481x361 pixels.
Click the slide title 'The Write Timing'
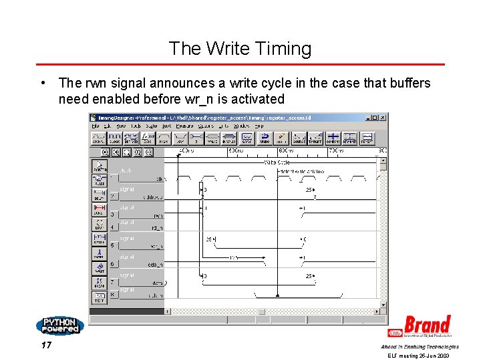pyautogui.click(x=240, y=49)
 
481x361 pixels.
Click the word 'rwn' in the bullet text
pyautogui.click(x=93, y=84)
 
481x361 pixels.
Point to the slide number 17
pyautogui.click(x=46, y=346)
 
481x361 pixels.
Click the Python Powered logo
pyautogui.click(x=59, y=326)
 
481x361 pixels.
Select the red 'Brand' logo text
pyautogui.click(x=427, y=326)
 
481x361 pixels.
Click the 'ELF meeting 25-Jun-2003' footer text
pyautogui.click(x=419, y=356)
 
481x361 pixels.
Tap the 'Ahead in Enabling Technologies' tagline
pyautogui.click(x=420, y=346)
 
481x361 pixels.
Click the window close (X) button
pyautogui.click(x=383, y=118)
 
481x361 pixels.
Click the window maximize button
pyautogui.click(x=377, y=118)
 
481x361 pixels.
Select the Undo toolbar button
pyautogui.click(x=264, y=138)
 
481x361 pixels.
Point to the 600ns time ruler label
pyautogui.click(x=288, y=152)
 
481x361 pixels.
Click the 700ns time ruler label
pyautogui.click(x=336, y=152)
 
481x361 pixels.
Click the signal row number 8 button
pyautogui.click(x=112, y=295)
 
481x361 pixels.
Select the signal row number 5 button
pyautogui.click(x=112, y=245)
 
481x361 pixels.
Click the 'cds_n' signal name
pyautogui.click(x=155, y=264)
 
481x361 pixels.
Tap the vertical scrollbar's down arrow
pyautogui.click(x=383, y=303)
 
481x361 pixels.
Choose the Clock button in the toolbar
pyautogui.click(x=116, y=138)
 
